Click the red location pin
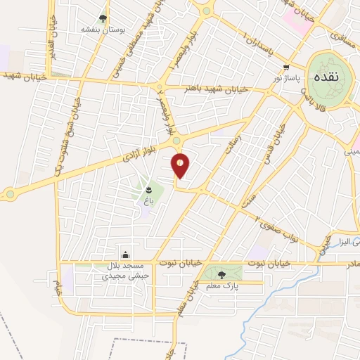click(181, 165)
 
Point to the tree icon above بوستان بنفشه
click(103, 19)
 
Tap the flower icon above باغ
click(148, 191)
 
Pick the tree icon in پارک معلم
click(221, 275)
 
